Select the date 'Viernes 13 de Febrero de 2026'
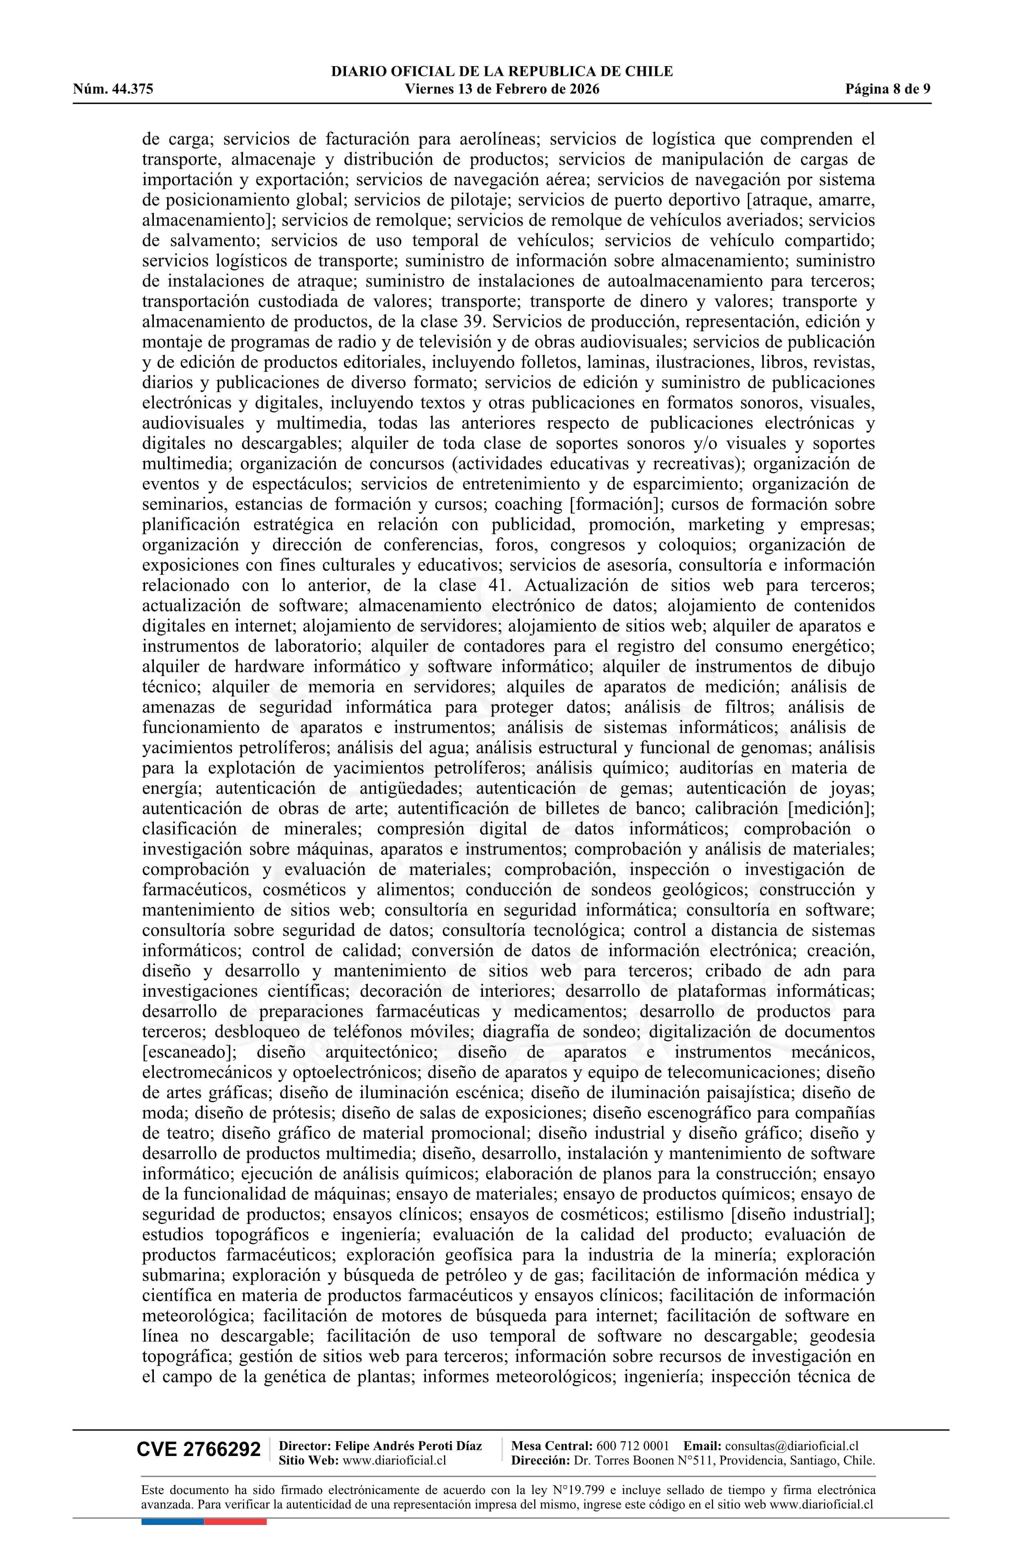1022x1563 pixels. pyautogui.click(x=502, y=89)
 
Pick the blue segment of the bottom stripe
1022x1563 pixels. pyautogui.click(x=172, y=1522)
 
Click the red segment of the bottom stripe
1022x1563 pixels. pyautogui.click(x=235, y=1522)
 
